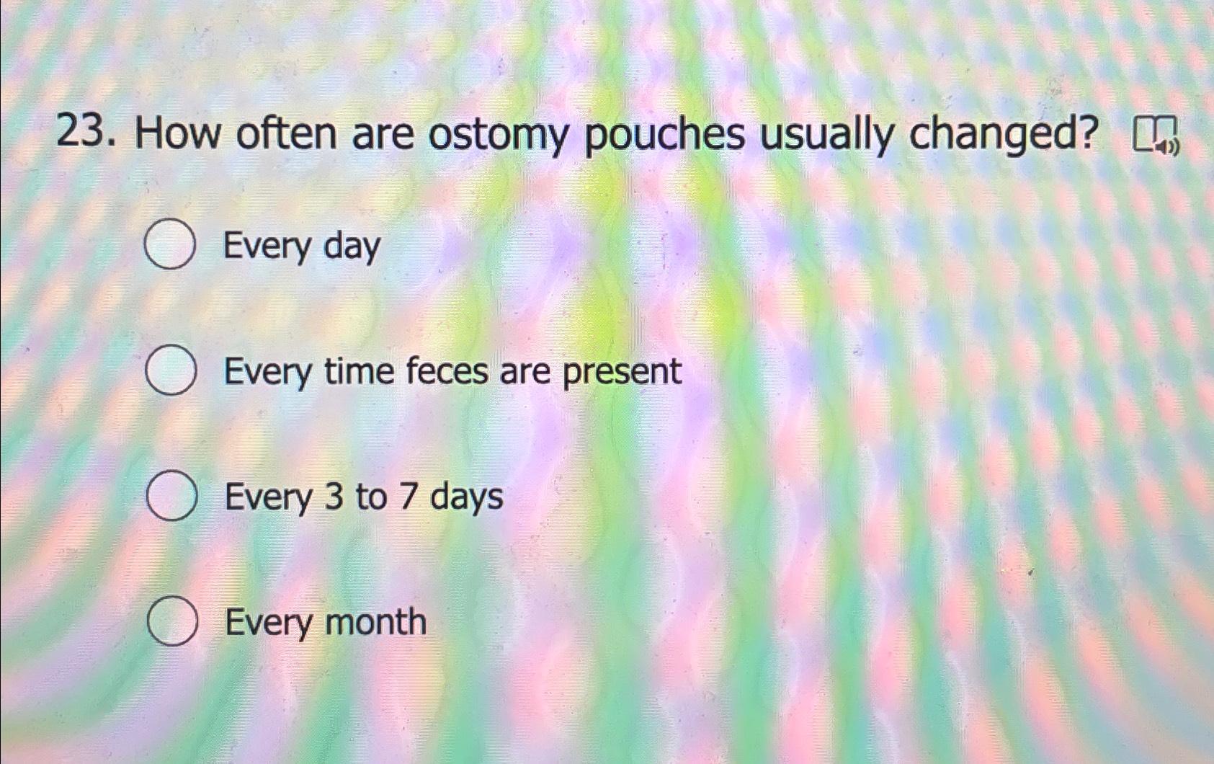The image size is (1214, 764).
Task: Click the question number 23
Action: [x=84, y=135]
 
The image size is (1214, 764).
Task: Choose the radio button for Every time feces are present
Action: [x=171, y=371]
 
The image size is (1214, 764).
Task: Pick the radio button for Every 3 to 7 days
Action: [x=171, y=497]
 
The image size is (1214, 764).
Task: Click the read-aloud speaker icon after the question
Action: [x=1156, y=137]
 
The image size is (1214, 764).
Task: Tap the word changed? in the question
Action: [x=1004, y=134]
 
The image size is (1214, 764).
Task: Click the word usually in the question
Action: [x=826, y=136]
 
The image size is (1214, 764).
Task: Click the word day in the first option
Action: [x=352, y=247]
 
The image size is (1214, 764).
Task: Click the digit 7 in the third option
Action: [x=408, y=497]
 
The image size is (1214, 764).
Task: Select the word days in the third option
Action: [x=466, y=498]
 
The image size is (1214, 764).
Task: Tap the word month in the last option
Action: [x=375, y=622]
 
